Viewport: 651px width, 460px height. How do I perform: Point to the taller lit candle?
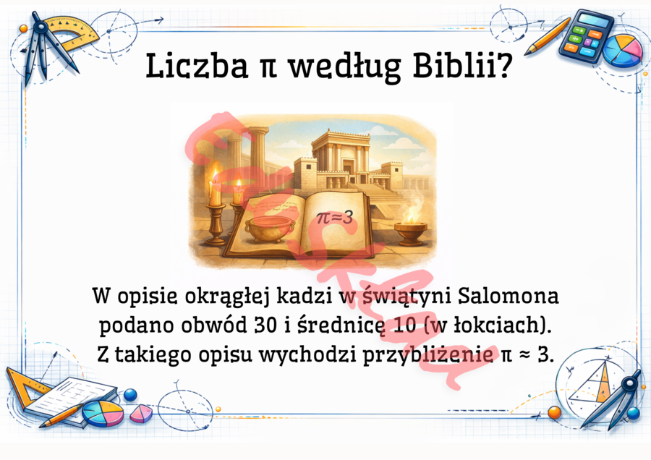click(x=215, y=189)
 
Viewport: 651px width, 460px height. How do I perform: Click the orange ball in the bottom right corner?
click(x=555, y=412)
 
